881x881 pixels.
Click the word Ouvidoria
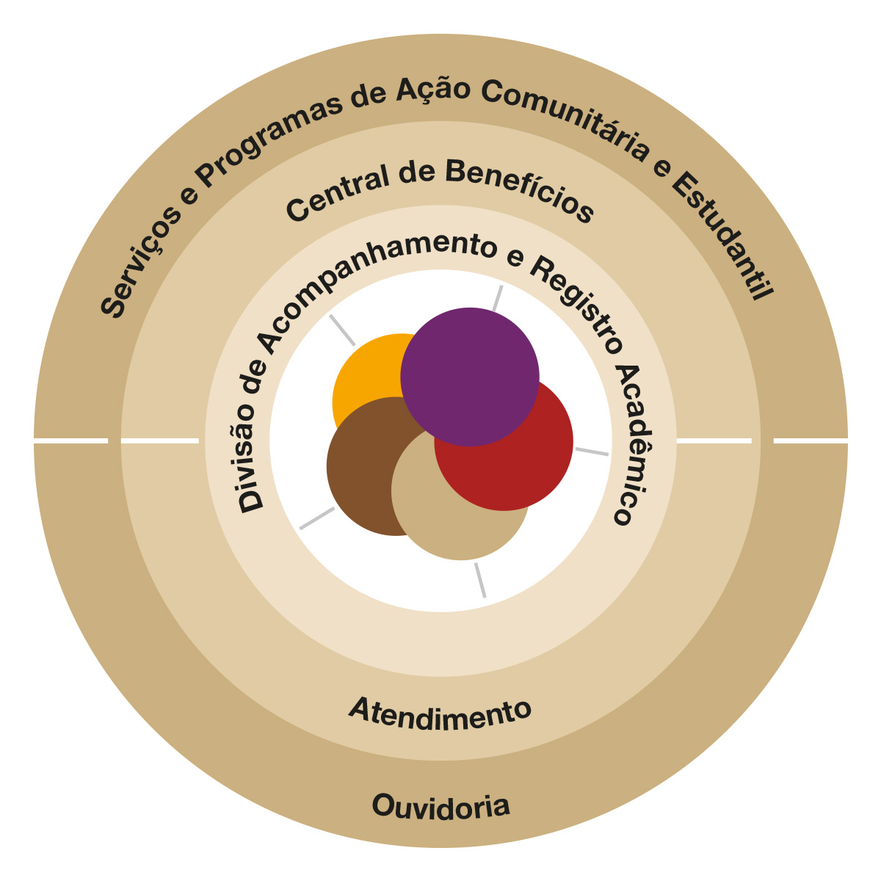(440, 805)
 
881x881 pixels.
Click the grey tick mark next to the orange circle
(342, 330)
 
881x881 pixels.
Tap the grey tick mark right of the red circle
(592, 451)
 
